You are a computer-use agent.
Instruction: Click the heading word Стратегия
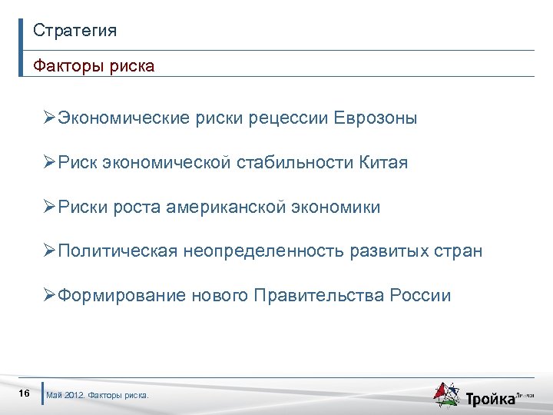tap(75, 31)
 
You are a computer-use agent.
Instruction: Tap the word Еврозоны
tap(376, 118)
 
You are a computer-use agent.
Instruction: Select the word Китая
tap(382, 163)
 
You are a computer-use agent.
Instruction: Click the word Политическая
tap(118, 251)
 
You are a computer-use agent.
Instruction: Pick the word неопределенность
tap(263, 251)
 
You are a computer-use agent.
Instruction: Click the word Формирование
tap(122, 296)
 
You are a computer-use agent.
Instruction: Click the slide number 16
tap(24, 394)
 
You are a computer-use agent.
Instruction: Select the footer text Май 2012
tap(65, 396)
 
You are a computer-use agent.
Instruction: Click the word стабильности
tap(294, 163)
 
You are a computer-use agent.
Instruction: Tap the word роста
tap(134, 207)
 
